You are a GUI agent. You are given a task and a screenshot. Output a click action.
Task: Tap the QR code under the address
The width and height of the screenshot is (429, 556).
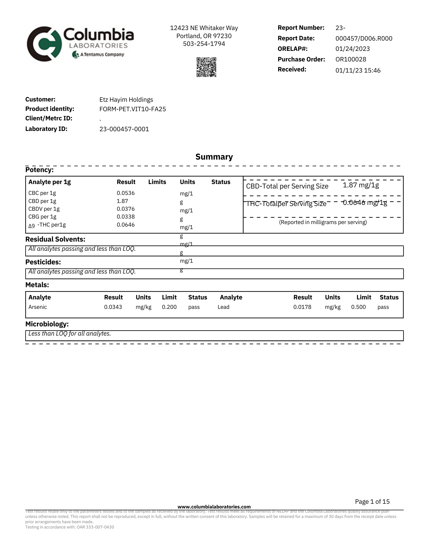206,67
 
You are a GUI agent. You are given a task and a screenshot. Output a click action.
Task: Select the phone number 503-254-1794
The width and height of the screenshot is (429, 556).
204,44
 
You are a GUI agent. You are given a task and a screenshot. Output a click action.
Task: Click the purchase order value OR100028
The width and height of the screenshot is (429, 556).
351,59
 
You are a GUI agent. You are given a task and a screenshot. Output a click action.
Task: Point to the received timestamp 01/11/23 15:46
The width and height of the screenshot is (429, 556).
358,71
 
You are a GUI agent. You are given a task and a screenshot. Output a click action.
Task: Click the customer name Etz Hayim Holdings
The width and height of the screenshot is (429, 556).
126,100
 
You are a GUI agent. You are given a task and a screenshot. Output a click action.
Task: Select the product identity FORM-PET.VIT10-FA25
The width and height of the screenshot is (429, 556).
132,109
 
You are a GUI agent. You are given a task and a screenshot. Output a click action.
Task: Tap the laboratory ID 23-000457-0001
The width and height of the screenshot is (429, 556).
124,129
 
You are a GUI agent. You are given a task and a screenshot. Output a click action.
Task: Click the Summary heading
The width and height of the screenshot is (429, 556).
214,157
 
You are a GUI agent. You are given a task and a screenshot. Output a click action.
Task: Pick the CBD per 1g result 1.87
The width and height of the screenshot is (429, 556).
122,201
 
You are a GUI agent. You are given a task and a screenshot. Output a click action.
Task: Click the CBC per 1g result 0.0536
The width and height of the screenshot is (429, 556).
126,193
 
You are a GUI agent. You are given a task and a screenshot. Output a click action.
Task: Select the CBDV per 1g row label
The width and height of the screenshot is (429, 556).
44,209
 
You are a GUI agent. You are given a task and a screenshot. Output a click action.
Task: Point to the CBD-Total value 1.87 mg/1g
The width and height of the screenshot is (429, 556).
361,185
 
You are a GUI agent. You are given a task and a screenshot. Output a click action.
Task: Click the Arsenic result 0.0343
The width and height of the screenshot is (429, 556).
113,307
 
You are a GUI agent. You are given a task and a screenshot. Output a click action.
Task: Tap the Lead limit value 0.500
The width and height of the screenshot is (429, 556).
358,307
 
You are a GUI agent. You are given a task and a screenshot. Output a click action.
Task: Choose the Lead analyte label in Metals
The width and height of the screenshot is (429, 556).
224,307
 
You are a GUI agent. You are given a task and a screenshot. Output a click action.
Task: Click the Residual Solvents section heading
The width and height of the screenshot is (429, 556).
55,239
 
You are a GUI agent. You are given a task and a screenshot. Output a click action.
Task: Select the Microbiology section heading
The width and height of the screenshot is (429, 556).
47,324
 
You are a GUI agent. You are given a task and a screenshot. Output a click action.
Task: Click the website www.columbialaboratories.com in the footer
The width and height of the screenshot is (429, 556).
214,507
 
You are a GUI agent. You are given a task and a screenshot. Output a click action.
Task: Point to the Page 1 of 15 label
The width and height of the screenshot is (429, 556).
372,502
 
